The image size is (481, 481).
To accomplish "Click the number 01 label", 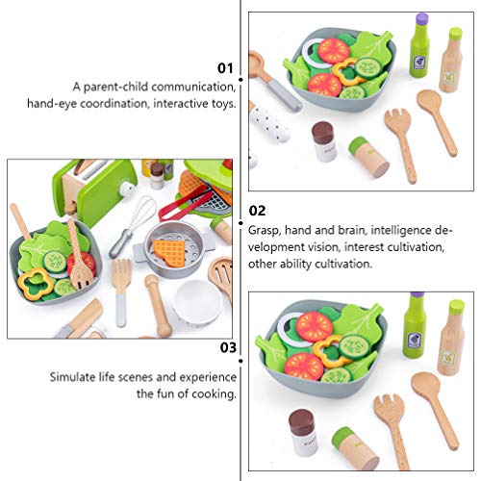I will click(226, 67).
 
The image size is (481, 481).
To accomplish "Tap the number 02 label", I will click(257, 210).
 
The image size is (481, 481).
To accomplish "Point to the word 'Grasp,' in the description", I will click(268, 231).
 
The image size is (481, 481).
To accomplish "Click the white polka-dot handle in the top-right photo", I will click(264, 123).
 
